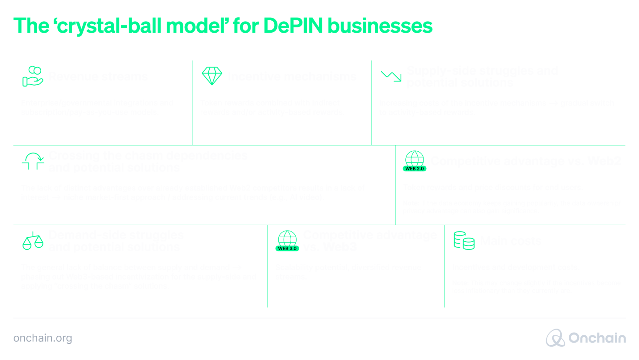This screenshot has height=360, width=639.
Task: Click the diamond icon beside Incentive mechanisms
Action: (x=212, y=76)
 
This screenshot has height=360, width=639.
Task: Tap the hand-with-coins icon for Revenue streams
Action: (x=32, y=76)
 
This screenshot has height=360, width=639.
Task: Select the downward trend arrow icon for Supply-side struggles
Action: (x=391, y=76)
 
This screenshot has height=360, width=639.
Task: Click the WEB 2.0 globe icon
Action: (x=414, y=161)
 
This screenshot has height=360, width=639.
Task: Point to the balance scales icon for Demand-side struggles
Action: (x=33, y=241)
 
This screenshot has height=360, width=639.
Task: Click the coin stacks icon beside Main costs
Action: (x=464, y=240)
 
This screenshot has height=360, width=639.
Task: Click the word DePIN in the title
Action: (x=293, y=26)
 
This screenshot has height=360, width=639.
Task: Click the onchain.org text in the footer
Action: (x=42, y=338)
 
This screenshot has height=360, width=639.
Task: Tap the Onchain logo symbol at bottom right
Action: (x=555, y=338)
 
